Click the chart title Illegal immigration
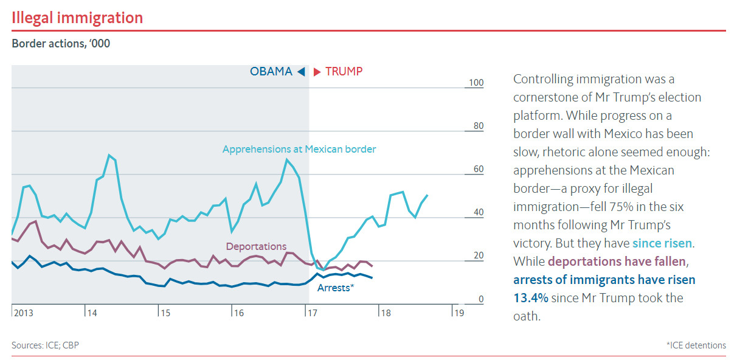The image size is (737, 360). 77,18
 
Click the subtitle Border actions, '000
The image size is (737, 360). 61,44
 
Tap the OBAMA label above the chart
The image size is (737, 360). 271,72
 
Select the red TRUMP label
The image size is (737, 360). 344,72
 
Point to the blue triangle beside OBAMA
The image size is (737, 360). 300,72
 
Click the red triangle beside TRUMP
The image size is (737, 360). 317,72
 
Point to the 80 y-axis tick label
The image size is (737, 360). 478,126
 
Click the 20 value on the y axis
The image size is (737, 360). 478,255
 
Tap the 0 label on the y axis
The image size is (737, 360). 480,299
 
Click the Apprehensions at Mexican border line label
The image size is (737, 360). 299,149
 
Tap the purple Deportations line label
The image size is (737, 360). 256,246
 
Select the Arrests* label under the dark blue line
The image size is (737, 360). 336,288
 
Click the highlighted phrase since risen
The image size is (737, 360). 662,243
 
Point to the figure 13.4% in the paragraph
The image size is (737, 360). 531,298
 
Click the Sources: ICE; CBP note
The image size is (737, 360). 45,345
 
